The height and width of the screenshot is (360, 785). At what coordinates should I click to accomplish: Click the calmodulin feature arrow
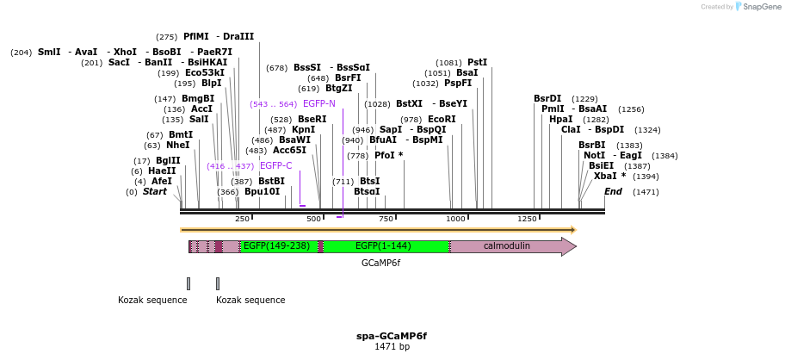tap(512, 246)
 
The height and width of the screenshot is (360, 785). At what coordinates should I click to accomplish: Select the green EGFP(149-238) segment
tap(275, 246)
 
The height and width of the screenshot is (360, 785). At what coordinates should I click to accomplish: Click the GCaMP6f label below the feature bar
tap(380, 264)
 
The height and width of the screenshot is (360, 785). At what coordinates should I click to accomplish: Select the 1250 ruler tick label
tap(527, 220)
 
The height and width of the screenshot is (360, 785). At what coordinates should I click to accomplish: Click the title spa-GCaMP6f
tap(392, 336)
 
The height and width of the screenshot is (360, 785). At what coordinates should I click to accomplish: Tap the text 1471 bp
tap(392, 347)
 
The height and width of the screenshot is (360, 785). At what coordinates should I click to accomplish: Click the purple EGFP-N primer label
tap(318, 103)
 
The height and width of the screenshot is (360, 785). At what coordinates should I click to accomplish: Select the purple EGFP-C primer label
tap(275, 165)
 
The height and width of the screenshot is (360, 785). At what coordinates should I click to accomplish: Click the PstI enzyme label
tap(477, 62)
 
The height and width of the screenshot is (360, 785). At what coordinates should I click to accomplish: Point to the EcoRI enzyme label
tap(442, 119)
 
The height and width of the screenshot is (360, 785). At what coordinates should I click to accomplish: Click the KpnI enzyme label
tap(303, 129)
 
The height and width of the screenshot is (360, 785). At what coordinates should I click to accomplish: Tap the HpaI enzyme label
tap(560, 119)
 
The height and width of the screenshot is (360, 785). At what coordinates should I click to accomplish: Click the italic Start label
tap(155, 191)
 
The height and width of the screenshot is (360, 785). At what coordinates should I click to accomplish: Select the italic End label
tap(613, 191)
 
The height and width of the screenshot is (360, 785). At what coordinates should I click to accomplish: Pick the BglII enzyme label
tap(168, 160)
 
